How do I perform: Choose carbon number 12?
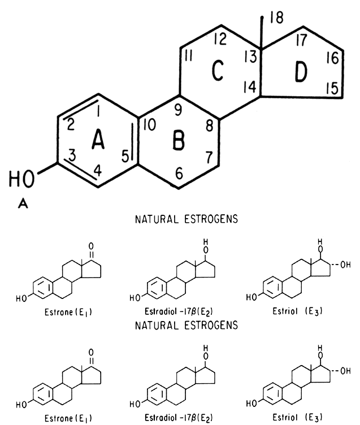[x=220, y=40]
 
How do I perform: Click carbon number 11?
[x=188, y=57]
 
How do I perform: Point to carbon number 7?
[x=209, y=155]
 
